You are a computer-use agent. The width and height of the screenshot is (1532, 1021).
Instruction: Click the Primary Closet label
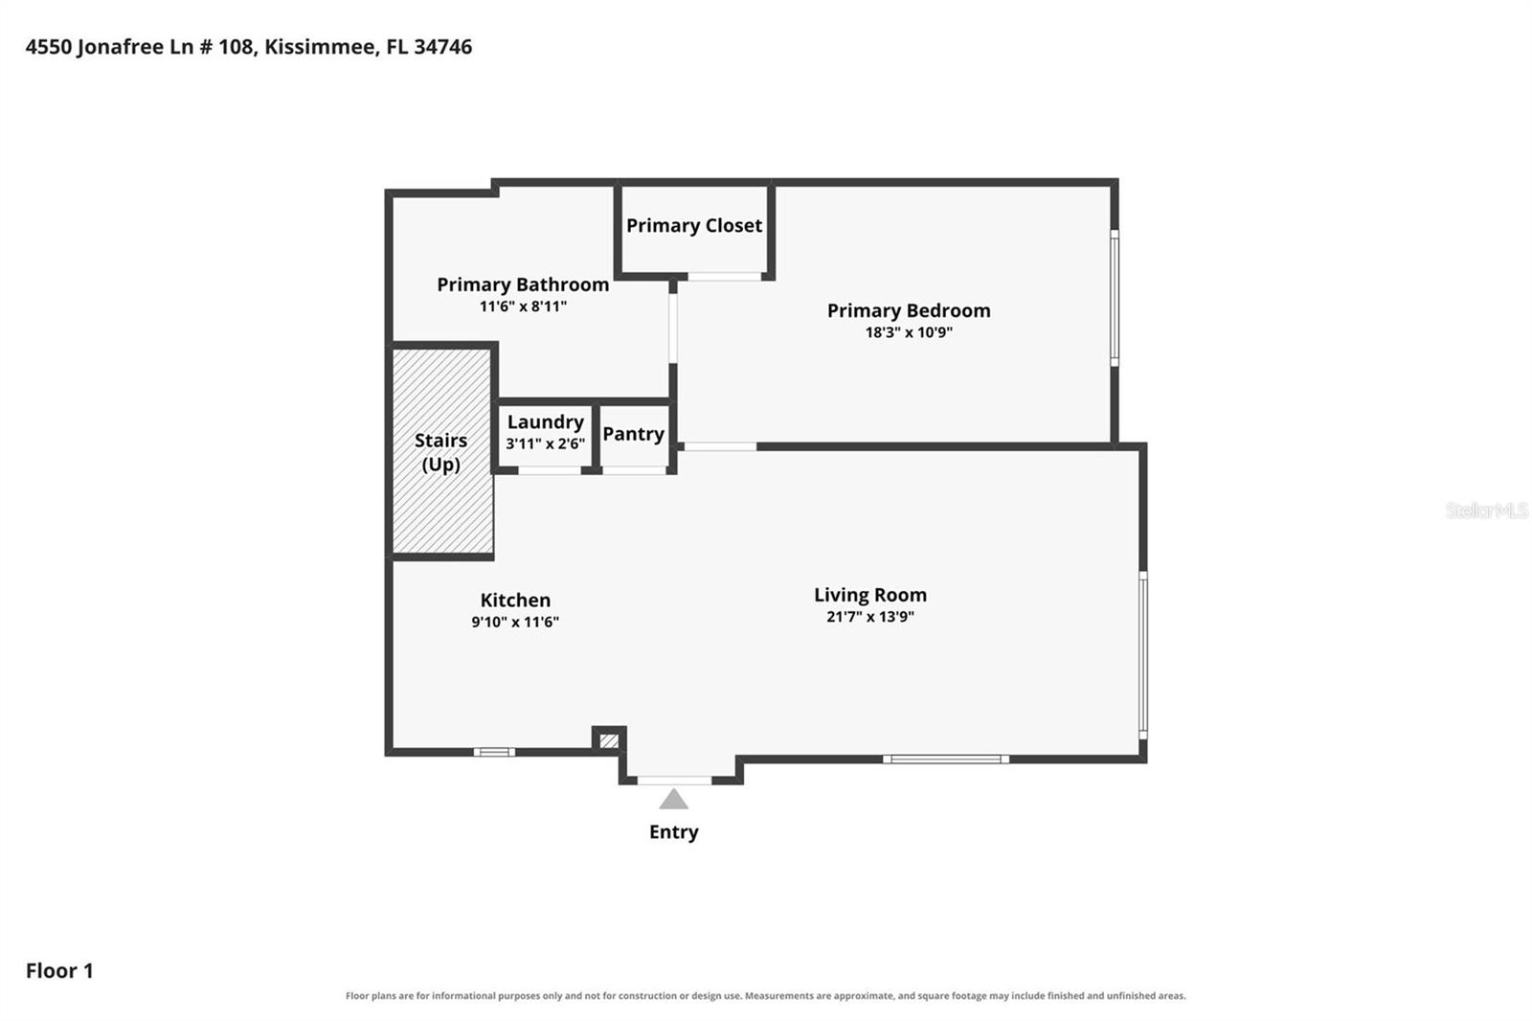pyautogui.click(x=693, y=226)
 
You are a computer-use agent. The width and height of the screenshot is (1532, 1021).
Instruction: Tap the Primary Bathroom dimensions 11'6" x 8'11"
pyautogui.click(x=523, y=306)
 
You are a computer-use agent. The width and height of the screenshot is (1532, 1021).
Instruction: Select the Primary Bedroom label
pyautogui.click(x=909, y=310)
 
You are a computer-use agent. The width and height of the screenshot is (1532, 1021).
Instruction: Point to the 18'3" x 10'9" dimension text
pyautogui.click(x=909, y=332)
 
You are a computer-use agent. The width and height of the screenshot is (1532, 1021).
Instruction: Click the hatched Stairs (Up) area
pyautogui.click(x=442, y=451)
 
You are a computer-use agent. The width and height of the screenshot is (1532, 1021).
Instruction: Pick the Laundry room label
pyautogui.click(x=545, y=422)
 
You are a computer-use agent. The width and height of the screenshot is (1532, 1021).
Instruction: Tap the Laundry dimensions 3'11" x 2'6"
pyautogui.click(x=545, y=443)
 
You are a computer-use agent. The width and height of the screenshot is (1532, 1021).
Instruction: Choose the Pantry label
pyautogui.click(x=633, y=434)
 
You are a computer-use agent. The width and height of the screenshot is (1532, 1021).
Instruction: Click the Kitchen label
pyautogui.click(x=515, y=601)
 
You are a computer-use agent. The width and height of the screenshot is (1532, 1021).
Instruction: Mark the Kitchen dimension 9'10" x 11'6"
pyautogui.click(x=515, y=622)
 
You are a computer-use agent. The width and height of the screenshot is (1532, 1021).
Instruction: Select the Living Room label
pyautogui.click(x=870, y=596)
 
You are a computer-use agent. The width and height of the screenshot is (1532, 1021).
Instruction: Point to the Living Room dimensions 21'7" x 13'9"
pyautogui.click(x=870, y=617)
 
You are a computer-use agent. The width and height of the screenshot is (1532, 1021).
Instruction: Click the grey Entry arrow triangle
pyautogui.click(x=674, y=800)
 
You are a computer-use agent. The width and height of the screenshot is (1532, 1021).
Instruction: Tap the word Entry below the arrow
pyautogui.click(x=674, y=832)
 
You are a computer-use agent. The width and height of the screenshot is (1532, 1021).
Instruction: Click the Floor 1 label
pyautogui.click(x=59, y=971)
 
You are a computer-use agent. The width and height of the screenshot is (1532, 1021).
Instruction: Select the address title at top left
pyautogui.click(x=249, y=47)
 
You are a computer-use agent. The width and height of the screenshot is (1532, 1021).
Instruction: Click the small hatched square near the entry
pyautogui.click(x=609, y=741)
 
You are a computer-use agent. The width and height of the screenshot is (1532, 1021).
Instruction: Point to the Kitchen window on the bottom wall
pyautogui.click(x=494, y=753)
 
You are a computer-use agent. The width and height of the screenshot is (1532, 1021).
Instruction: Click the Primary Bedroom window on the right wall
pyautogui.click(x=1115, y=298)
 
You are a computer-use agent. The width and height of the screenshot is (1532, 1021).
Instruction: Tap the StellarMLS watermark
pyautogui.click(x=1487, y=510)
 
